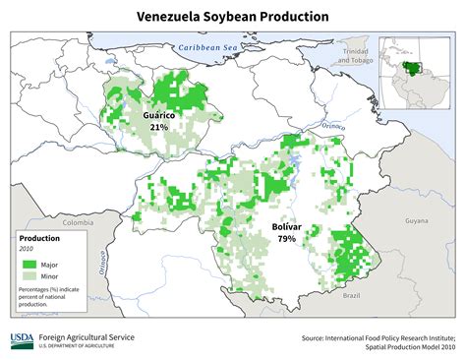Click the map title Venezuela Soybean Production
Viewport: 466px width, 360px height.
coord(232,17)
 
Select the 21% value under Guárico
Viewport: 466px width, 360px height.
coord(158,127)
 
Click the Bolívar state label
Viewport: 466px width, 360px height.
coord(287,227)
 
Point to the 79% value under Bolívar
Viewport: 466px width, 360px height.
coord(287,239)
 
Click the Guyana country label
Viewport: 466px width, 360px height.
coord(416,222)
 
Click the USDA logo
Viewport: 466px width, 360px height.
coord(22,340)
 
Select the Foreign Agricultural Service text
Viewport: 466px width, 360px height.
coord(87,336)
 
